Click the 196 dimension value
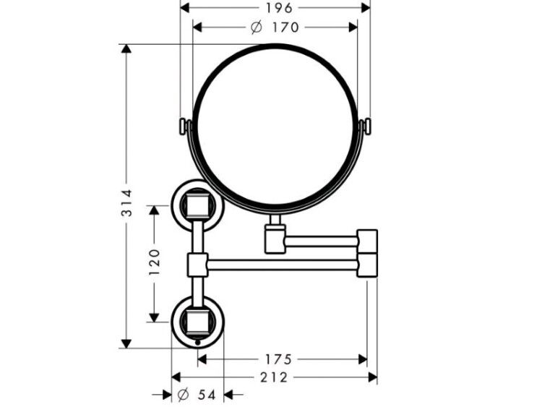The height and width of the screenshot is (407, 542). (279, 8)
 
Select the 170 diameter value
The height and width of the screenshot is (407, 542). (285, 27)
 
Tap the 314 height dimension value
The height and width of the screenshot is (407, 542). (126, 202)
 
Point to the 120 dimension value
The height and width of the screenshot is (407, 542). (154, 262)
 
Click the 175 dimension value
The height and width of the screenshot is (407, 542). (278, 359)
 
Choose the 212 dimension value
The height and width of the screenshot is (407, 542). (274, 377)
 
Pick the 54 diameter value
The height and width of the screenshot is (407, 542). (207, 395)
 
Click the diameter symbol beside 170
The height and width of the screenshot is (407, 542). (256, 27)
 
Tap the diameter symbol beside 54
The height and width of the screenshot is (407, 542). (183, 394)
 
